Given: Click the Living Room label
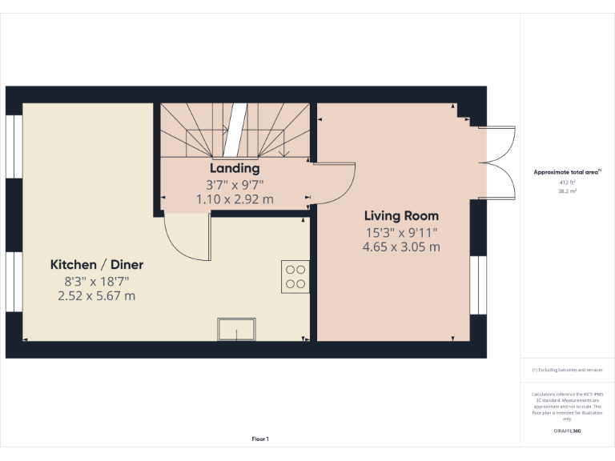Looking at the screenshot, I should (x=401, y=216).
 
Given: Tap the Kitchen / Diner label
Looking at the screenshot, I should (x=97, y=265).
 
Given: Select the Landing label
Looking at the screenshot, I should (x=235, y=169).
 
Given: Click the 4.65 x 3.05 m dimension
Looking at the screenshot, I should (x=401, y=247).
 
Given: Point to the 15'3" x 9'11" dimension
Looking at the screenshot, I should (x=401, y=232).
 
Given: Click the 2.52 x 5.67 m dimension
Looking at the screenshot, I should (x=97, y=295).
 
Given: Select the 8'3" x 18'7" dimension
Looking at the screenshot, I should (x=97, y=281).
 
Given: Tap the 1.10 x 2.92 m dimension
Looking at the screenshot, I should (x=235, y=198).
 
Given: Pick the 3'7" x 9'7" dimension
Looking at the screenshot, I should (x=235, y=184).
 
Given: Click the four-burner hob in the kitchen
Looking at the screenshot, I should (x=295, y=275).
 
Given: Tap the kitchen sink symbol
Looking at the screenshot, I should (x=236, y=329).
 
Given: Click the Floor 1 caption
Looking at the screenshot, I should (x=260, y=439).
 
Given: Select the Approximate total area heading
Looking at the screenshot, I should (x=568, y=172).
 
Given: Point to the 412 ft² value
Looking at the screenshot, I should (x=568, y=182).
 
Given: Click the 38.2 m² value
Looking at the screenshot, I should (x=568, y=191).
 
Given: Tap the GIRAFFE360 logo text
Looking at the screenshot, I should (x=568, y=431).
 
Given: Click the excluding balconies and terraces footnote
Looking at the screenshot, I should (x=568, y=370).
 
